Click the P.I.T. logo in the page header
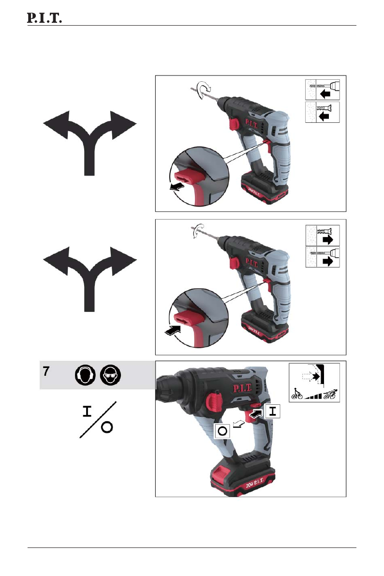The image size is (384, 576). (x=44, y=17)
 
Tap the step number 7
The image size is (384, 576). (x=46, y=371)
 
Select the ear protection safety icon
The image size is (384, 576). (x=85, y=375)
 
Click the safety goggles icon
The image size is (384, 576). (x=110, y=375)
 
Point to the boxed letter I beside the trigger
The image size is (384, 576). (x=272, y=411)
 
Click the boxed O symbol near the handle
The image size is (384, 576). (x=222, y=430)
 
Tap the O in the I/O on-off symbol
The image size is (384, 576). (x=107, y=427)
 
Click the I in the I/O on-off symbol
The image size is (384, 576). (x=87, y=411)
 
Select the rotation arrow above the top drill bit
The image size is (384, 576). (x=204, y=89)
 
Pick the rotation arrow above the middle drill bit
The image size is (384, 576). (x=199, y=231)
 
